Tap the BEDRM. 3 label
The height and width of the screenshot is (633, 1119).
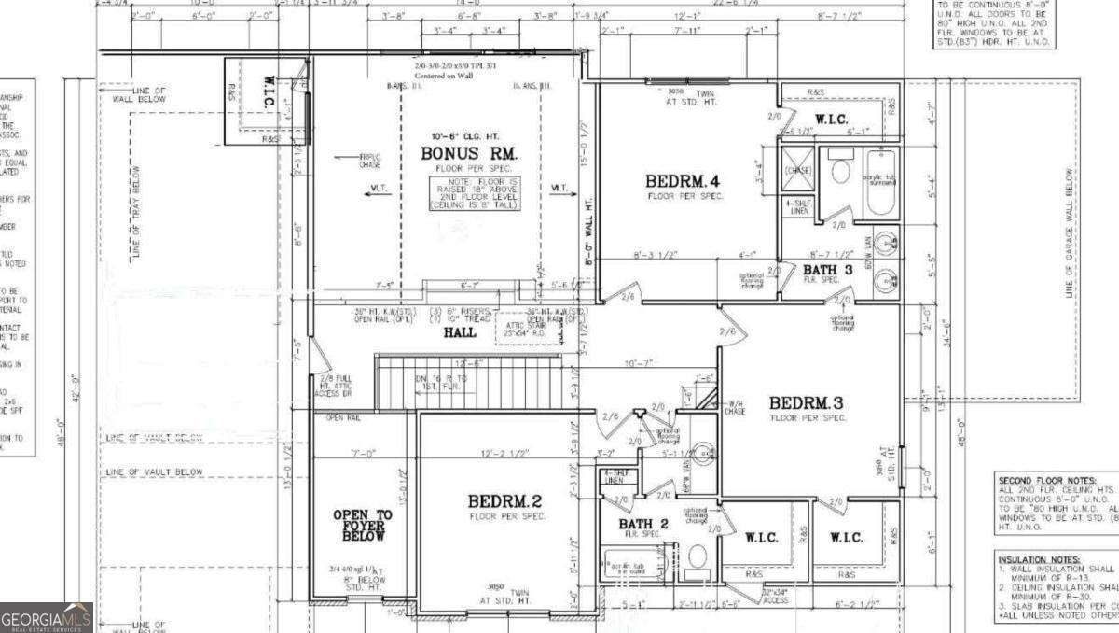[807, 402]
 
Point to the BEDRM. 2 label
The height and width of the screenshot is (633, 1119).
[505, 501]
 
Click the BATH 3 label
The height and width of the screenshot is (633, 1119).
[827, 270]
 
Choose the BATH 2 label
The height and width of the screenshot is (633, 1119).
[644, 524]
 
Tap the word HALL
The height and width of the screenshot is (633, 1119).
[459, 331]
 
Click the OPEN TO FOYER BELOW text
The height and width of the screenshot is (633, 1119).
[363, 526]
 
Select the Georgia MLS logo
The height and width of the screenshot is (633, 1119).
[47, 617]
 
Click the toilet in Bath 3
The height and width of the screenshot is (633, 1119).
[840, 171]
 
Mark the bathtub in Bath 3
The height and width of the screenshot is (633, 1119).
[881, 183]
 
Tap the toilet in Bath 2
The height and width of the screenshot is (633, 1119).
[697, 560]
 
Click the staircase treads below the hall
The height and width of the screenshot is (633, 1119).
[468, 383]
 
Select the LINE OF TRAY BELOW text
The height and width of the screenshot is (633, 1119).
[136, 213]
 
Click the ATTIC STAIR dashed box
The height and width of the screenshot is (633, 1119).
[527, 328]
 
